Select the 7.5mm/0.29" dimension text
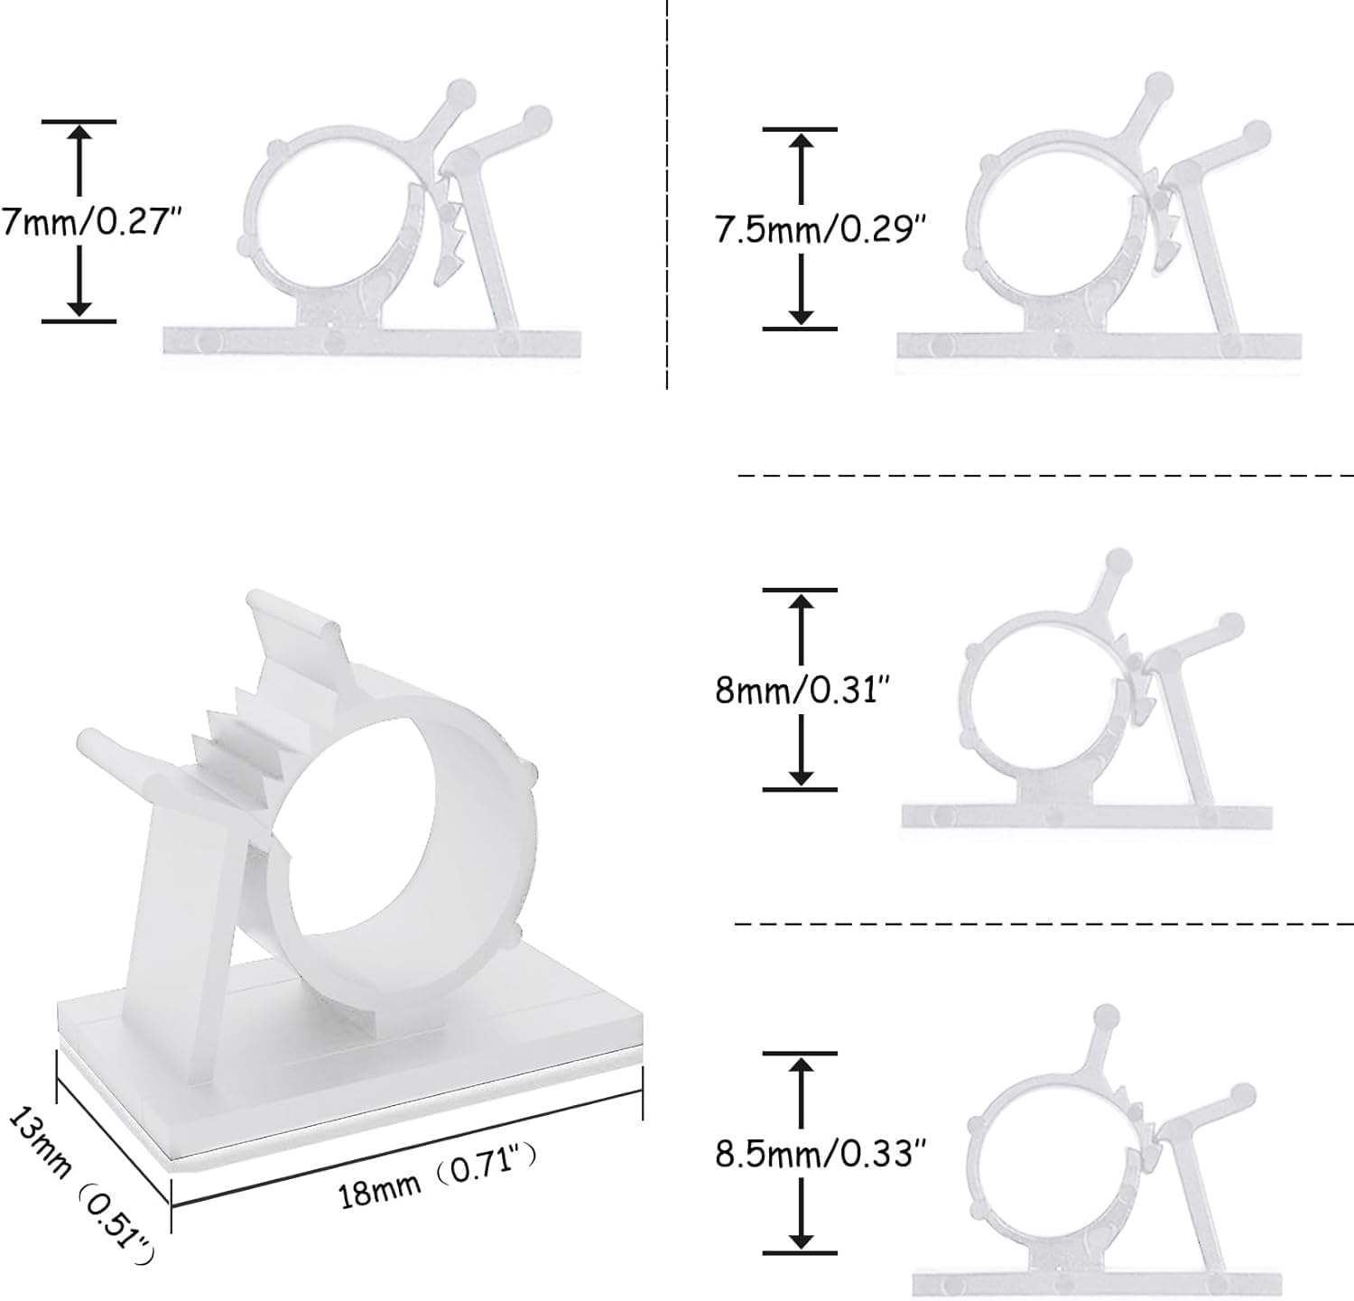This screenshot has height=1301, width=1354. pyautogui.click(x=821, y=229)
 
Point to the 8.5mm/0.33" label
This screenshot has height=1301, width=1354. pyautogui.click(x=821, y=1153)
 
